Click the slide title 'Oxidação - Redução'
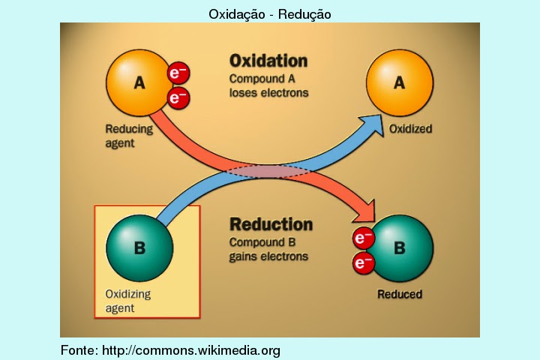point(270,13)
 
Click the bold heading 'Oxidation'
point(268,60)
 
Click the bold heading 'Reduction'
point(271,224)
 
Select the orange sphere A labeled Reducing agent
point(139,83)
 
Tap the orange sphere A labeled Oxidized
point(399,83)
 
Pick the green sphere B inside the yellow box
point(139,248)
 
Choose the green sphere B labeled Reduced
point(400,248)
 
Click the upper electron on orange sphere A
point(178,73)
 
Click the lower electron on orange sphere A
point(178,97)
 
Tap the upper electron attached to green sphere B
point(364,238)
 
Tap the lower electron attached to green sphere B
point(364,263)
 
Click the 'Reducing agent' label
point(128,135)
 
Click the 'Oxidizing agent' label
point(127,301)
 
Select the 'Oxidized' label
point(410,129)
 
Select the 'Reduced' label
point(399,294)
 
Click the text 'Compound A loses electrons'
point(268,85)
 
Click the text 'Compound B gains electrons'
point(268,249)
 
